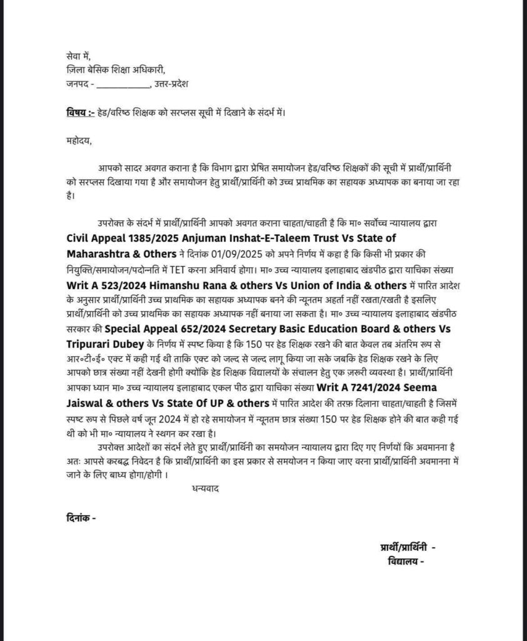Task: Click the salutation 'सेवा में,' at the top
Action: coord(78,56)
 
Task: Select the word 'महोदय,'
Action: coord(79,140)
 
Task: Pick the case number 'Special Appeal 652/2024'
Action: coord(164,328)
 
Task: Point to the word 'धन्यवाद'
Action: coord(203,486)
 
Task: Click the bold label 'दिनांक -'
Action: coord(81,518)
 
